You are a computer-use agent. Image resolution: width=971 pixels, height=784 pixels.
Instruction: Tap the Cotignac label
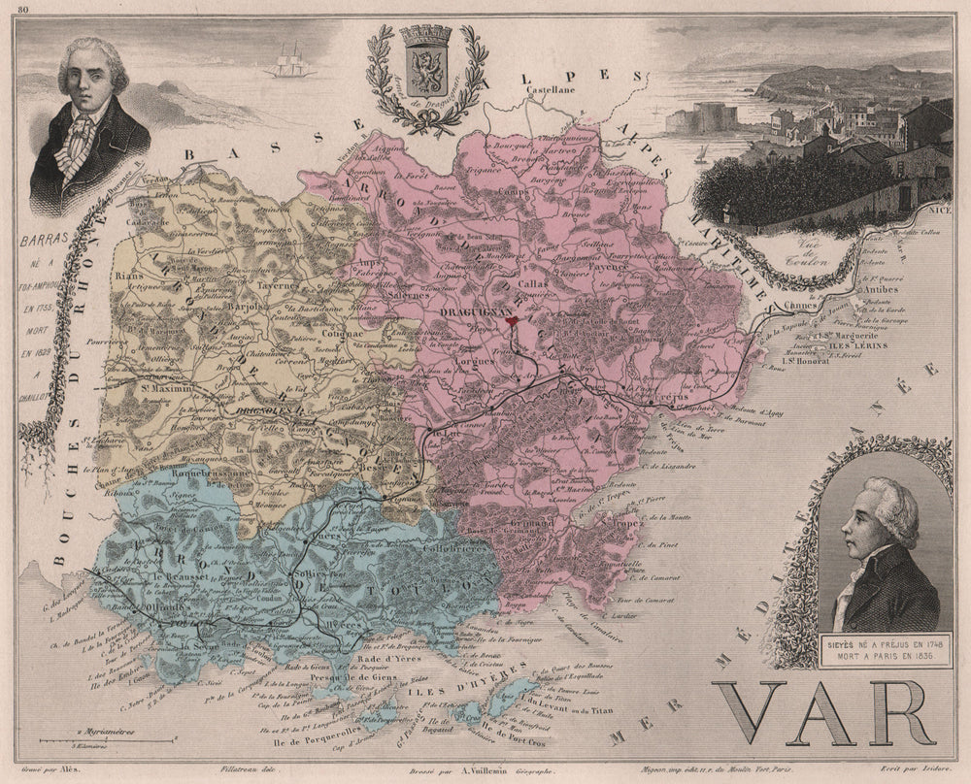click(340, 330)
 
